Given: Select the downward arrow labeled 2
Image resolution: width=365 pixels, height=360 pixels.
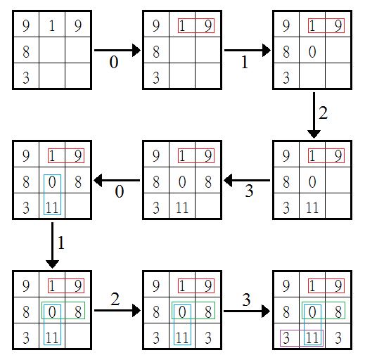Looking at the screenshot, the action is click(314, 115).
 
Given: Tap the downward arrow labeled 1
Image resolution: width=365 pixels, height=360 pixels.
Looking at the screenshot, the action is click(52, 245).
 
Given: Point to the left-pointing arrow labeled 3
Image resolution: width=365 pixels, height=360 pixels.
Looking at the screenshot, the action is click(247, 180).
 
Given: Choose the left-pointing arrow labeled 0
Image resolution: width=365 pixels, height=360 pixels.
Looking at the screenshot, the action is click(117, 180).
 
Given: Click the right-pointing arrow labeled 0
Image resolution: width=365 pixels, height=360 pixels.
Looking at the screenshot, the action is click(117, 50).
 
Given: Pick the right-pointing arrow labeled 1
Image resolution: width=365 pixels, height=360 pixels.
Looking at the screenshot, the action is click(248, 50).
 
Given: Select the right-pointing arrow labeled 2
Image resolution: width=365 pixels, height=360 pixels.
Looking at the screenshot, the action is click(117, 310).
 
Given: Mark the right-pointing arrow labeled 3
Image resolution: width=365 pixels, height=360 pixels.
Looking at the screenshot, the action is click(247, 311).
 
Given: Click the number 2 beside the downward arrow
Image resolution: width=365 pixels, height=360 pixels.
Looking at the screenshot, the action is click(323, 113).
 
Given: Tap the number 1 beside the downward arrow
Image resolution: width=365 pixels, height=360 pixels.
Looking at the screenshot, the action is click(61, 243).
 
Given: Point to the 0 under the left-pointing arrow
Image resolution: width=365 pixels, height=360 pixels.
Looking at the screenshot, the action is click(119, 191).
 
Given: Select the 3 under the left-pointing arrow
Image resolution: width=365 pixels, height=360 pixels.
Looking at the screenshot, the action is click(249, 191).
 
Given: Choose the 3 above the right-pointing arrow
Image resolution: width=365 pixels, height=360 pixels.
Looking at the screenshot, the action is click(246, 300).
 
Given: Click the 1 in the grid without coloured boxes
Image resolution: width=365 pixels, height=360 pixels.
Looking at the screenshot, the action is click(52, 25).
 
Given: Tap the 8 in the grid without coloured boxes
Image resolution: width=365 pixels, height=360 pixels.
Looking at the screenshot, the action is click(26, 51).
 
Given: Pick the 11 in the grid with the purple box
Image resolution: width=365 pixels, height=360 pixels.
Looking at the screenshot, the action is click(312, 338).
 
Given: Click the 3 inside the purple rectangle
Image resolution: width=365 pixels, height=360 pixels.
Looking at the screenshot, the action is click(286, 338).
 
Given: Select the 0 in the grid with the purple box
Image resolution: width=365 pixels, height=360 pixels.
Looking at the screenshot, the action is click(312, 312).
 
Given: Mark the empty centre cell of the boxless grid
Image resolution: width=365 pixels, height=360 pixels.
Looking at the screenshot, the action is click(52, 50).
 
